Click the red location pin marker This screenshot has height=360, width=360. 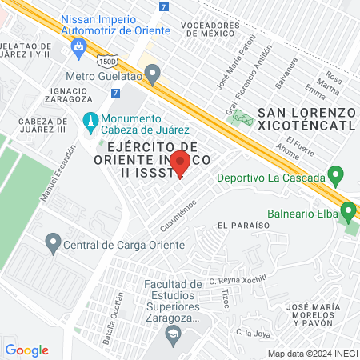181,162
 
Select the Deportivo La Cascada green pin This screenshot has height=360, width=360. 337,174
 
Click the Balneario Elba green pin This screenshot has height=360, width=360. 348,211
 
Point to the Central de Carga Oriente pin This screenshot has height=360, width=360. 54,240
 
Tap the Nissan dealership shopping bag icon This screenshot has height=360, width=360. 79,47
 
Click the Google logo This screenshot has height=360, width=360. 26,350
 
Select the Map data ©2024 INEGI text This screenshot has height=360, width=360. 312,353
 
